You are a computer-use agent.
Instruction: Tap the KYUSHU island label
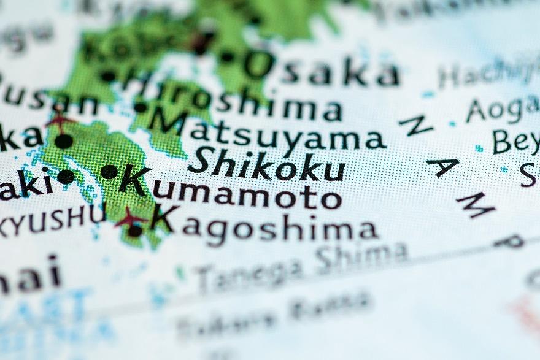click(52, 220)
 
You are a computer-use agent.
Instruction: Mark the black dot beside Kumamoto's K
click(109, 172)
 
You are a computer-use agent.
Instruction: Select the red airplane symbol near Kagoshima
click(129, 216)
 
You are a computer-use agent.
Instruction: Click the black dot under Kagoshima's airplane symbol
click(134, 231)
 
